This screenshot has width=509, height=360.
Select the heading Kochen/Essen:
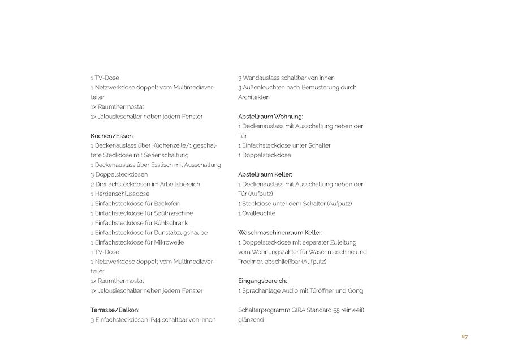(113, 136)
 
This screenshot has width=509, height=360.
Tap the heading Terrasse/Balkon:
(115, 310)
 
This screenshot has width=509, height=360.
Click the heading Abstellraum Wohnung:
(271, 116)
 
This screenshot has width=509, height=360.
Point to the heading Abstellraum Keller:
(265, 174)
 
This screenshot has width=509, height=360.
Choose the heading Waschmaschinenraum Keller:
(281, 232)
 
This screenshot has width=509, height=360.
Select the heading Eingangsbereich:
(263, 281)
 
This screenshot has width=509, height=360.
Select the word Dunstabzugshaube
(182, 232)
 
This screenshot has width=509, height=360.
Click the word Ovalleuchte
(259, 213)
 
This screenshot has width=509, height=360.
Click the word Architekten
(254, 97)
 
